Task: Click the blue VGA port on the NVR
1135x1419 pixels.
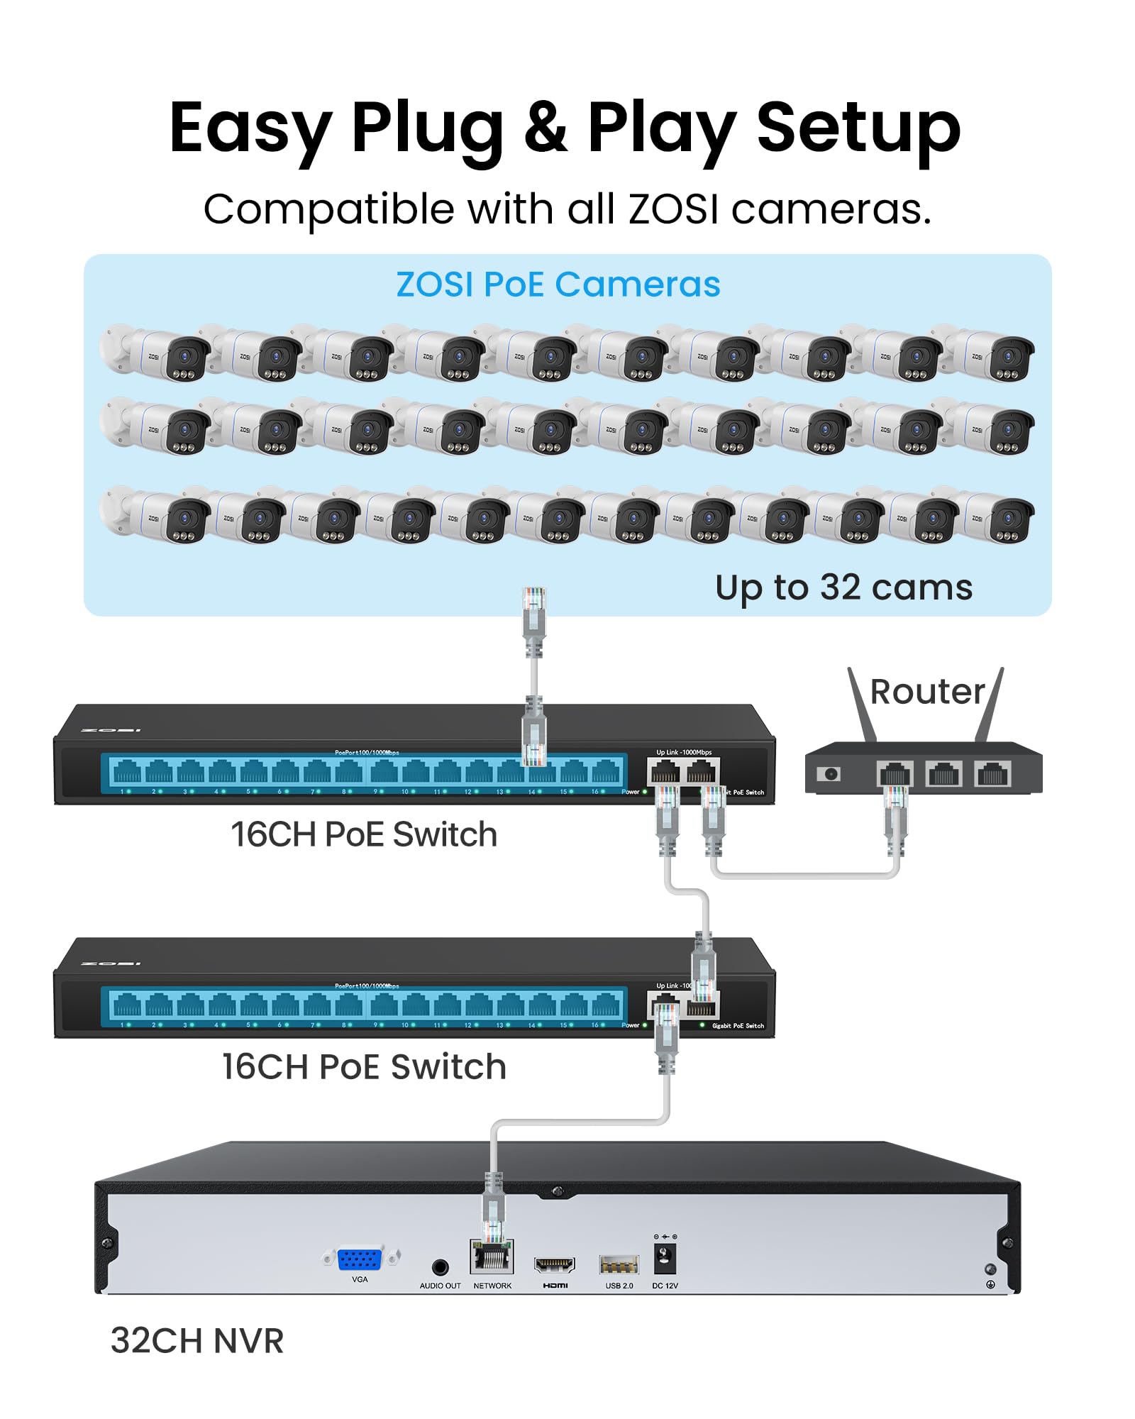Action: click(360, 1259)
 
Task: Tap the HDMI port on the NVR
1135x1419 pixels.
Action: click(554, 1264)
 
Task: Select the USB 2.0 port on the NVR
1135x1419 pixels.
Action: click(619, 1264)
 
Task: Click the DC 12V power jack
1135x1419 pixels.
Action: click(665, 1258)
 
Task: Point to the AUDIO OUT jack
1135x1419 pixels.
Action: click(440, 1267)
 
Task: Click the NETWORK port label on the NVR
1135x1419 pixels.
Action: click(492, 1286)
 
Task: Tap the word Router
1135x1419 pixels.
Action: click(927, 691)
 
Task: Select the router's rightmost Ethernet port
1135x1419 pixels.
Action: click(992, 773)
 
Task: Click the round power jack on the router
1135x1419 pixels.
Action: click(829, 773)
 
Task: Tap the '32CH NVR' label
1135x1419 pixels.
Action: click(197, 1341)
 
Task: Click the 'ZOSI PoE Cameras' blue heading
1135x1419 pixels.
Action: click(558, 285)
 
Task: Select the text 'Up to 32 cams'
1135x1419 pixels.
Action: click(843, 587)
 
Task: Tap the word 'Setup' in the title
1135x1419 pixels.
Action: click(858, 128)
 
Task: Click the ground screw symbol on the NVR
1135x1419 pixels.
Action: click(990, 1284)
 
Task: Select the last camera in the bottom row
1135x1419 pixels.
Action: click(996, 517)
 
